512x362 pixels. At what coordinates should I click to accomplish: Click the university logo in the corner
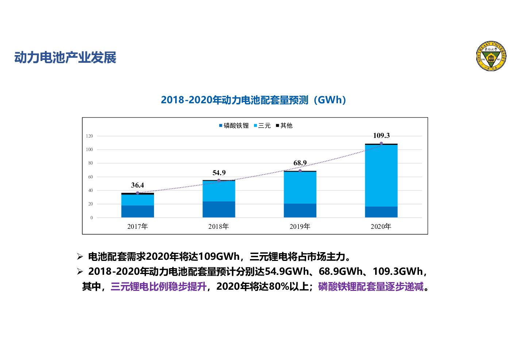(491, 56)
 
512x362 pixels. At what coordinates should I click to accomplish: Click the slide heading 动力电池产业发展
(65, 58)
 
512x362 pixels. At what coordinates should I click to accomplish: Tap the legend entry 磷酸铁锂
(234, 126)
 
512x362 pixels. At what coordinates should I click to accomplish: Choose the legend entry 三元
(262, 126)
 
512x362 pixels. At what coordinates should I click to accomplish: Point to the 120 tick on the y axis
(89, 136)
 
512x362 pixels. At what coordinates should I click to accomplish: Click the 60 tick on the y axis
(91, 177)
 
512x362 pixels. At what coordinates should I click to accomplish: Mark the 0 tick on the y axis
(92, 218)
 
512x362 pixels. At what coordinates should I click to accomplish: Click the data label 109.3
(381, 136)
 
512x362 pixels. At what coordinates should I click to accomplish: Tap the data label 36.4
(138, 185)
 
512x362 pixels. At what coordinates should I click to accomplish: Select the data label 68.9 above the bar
(300, 163)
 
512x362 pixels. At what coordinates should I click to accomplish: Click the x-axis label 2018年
(219, 227)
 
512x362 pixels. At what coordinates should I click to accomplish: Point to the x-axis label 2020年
(381, 227)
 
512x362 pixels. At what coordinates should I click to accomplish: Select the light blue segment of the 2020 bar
(381, 176)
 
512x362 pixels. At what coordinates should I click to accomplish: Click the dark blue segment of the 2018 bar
(219, 209)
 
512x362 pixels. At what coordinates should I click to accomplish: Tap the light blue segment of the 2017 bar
(138, 200)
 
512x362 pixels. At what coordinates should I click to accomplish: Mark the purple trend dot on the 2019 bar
(300, 171)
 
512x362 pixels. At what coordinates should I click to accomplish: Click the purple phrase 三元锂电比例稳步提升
(158, 287)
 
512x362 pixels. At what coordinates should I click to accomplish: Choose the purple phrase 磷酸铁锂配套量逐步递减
(371, 287)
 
